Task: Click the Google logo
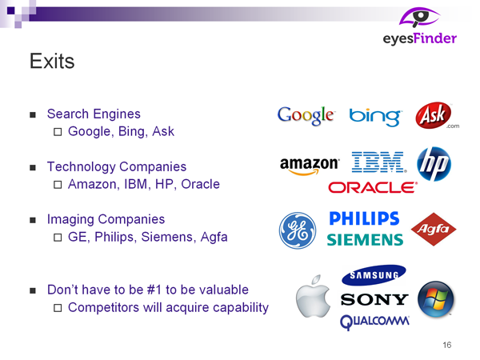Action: [x=306, y=116]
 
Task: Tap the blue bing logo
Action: [x=375, y=117]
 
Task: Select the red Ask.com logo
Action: [x=437, y=115]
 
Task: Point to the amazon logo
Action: [x=310, y=166]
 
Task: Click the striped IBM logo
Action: [x=378, y=162]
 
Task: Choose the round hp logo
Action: [x=434, y=164]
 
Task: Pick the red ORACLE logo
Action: [x=373, y=187]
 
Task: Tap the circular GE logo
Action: [x=298, y=230]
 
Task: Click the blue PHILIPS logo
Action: [x=364, y=218]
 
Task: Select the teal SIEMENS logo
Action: [x=365, y=240]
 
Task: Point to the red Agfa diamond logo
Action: [x=434, y=230]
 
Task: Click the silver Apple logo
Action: [x=313, y=296]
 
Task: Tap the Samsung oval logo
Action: [x=374, y=275]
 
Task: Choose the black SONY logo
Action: [x=374, y=299]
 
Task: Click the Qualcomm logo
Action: [x=374, y=322]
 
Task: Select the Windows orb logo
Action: [x=436, y=299]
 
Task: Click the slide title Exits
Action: [x=52, y=61]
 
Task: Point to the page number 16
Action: [x=447, y=345]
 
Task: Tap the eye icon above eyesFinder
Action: [x=420, y=18]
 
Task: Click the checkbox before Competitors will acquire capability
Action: [x=58, y=308]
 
